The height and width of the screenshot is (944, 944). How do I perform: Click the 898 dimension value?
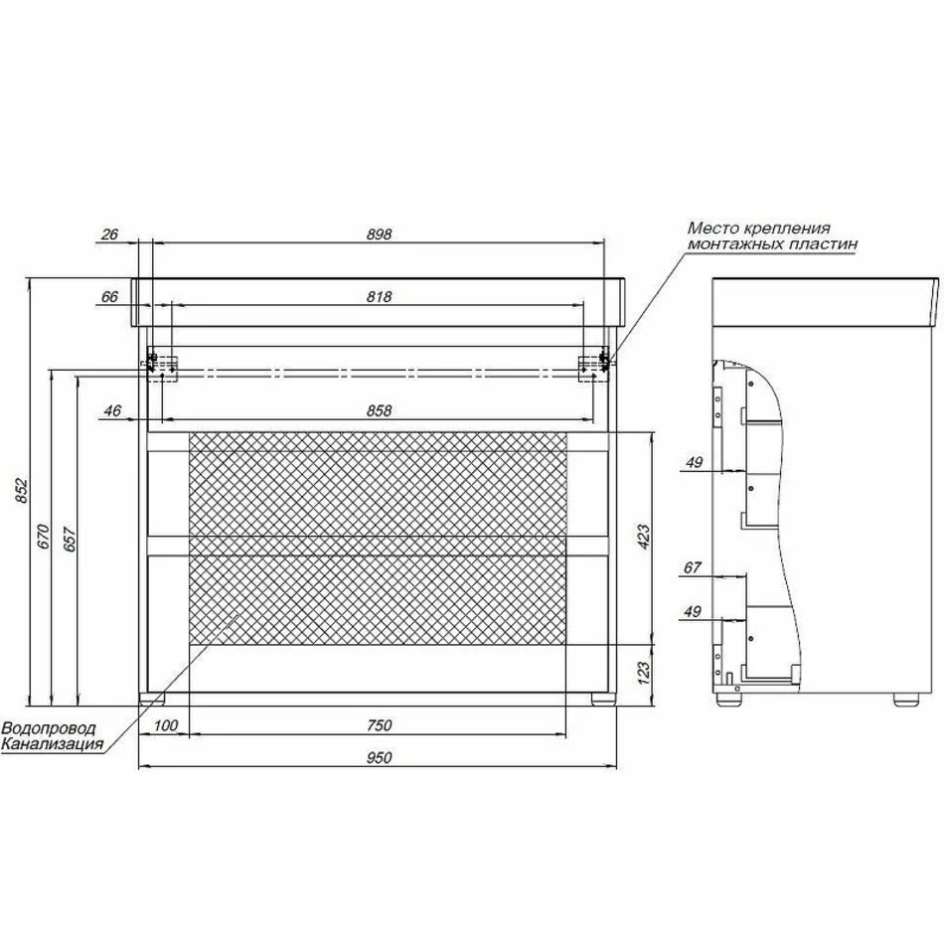pos(379,235)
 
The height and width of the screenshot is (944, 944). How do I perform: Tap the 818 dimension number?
pos(379,297)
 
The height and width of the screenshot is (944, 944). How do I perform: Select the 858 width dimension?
pos(379,410)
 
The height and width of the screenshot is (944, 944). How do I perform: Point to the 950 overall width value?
pos(379,757)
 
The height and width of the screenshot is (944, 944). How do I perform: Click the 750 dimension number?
pos(379,725)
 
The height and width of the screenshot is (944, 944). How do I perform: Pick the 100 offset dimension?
pos(166,725)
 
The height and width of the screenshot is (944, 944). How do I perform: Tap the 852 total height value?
pos(21,491)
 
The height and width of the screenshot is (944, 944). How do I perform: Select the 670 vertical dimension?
pos(44,537)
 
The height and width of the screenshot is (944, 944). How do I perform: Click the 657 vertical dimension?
pos(70,540)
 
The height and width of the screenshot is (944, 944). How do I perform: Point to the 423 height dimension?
pos(643,537)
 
